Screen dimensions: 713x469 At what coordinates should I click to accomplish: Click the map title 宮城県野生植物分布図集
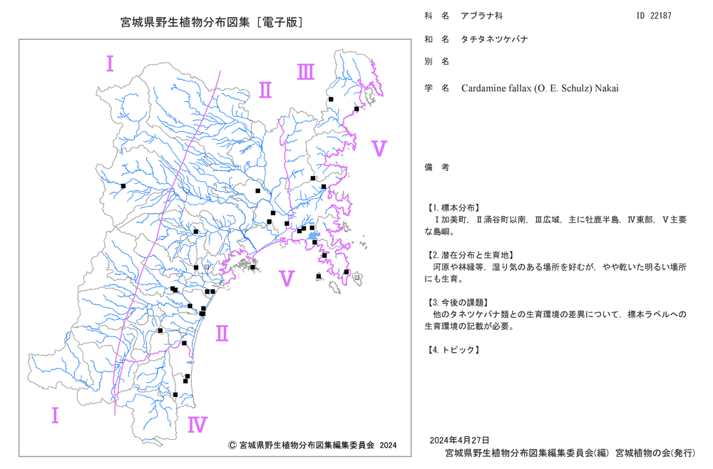click(185, 22)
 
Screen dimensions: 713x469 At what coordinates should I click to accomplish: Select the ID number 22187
click(661, 16)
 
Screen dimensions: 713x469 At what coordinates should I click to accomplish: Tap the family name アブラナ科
click(482, 16)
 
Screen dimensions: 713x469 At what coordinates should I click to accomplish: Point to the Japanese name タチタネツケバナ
click(495, 39)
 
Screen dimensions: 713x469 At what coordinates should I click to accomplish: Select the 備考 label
click(437, 167)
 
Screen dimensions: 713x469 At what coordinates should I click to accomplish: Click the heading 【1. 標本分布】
click(453, 208)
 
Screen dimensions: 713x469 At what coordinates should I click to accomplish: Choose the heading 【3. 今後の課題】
click(458, 303)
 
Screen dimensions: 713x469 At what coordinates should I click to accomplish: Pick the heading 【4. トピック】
click(453, 350)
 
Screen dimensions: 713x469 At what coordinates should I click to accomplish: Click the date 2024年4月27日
click(460, 440)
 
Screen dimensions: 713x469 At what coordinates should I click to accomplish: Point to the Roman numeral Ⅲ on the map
click(306, 72)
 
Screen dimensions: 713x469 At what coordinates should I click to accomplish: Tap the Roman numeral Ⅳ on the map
click(198, 425)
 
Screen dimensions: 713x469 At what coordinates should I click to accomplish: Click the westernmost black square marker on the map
click(123, 186)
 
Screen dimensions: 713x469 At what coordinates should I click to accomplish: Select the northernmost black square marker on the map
click(331, 99)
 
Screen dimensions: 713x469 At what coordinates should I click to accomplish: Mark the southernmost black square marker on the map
click(175, 394)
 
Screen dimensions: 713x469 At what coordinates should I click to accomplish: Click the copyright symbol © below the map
click(232, 445)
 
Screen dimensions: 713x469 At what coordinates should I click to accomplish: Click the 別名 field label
click(437, 61)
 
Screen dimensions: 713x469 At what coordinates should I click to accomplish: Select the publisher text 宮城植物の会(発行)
click(655, 453)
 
